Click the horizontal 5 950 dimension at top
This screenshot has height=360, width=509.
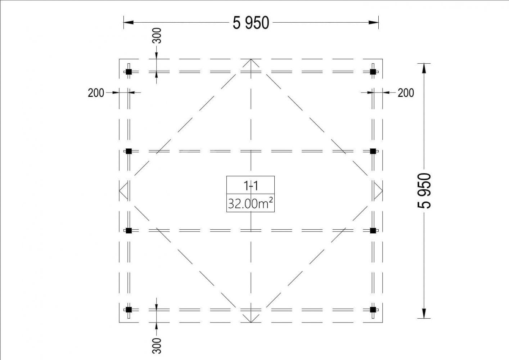pos(251,23)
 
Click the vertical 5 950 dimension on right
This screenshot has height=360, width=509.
pos(424,191)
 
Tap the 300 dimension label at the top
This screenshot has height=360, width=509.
pos(157,36)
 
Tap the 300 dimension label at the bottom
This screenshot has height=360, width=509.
pos(157,346)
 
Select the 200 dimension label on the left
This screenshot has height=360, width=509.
pos(96,93)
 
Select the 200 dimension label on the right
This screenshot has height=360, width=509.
pos(406,93)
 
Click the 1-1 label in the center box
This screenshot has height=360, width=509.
pos(251,186)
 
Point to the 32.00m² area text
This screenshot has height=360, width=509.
pos(251,203)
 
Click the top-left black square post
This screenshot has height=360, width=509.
pos(129,72)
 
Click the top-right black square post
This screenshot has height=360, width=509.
pos(373,72)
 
